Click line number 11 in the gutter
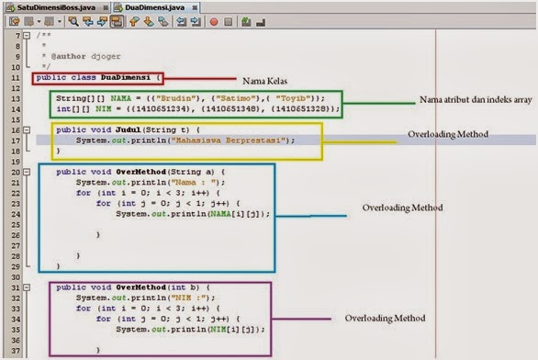point(17,78)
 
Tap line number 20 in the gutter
point(17,172)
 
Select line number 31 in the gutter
point(17,287)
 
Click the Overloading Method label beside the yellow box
point(447,135)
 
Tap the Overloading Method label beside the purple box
point(385,318)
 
